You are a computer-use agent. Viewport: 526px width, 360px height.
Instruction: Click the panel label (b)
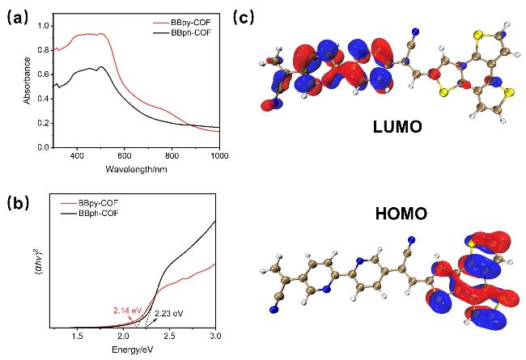click(x=17, y=203)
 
